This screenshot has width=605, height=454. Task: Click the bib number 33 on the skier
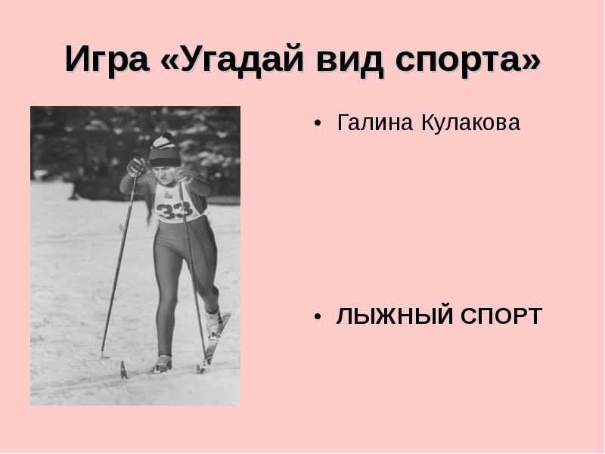coord(175,210)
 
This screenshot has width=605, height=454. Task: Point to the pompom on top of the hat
coord(165,138)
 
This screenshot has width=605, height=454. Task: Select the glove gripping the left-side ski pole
coord(136,166)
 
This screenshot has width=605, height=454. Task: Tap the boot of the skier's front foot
coord(163,364)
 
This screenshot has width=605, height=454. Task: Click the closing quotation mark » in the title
coord(529,60)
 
